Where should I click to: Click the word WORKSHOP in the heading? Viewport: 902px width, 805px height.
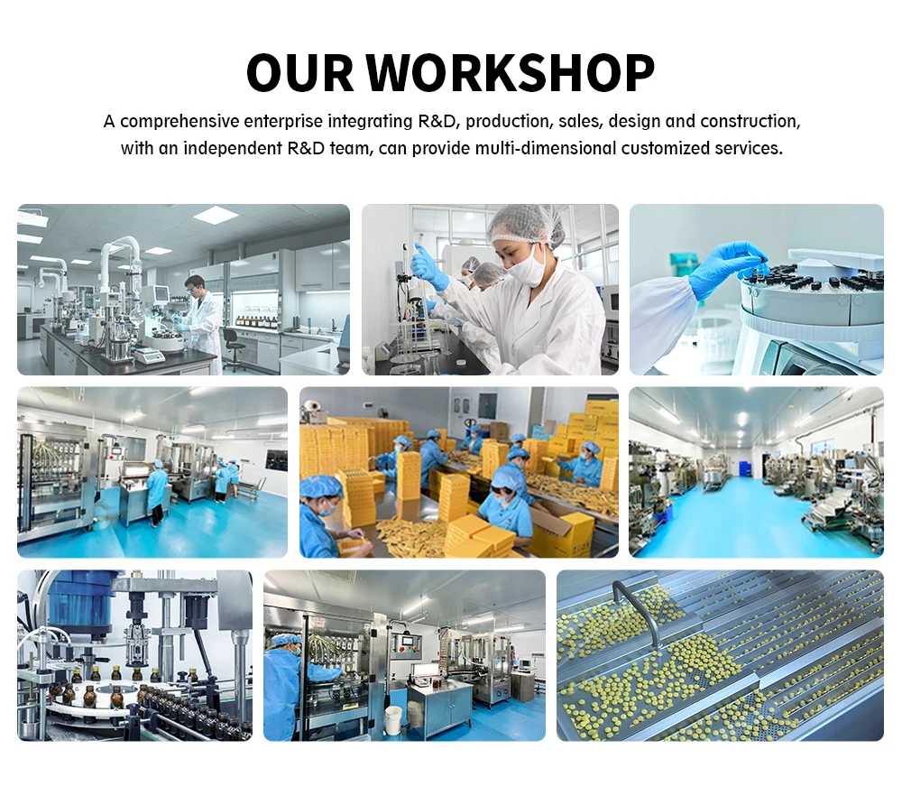[x=511, y=72]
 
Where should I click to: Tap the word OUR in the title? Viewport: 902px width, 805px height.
[x=299, y=72]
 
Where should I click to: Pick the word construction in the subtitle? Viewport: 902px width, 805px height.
[x=750, y=122]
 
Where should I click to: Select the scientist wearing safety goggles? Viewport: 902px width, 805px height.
[x=201, y=323]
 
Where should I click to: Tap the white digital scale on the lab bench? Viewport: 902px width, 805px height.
[x=150, y=356]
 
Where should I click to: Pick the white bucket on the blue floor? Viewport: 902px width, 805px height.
[x=393, y=720]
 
